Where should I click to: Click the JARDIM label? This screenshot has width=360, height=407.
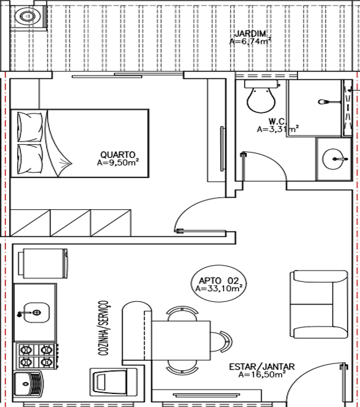tap(250, 34)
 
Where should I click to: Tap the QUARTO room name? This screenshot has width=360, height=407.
tap(118, 155)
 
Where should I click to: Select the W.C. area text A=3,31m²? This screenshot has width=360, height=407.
tap(278, 128)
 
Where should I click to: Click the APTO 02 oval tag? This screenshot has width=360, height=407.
tap(219, 284)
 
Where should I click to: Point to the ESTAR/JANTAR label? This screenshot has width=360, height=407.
tap(262, 367)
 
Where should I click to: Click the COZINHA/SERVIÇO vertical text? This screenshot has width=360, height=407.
tap(103, 328)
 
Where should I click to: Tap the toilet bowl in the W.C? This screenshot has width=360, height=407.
tap(261, 97)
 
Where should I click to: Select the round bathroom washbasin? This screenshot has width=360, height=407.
tap(335, 159)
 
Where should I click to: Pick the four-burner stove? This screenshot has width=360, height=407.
tap(36, 356)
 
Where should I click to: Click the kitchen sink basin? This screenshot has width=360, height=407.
tap(36, 313)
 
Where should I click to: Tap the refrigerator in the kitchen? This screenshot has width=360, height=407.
tap(43, 263)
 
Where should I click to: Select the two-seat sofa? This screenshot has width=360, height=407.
tap(319, 304)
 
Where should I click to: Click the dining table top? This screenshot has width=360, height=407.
tap(181, 340)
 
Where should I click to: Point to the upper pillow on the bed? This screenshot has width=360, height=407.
tap(30, 127)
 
